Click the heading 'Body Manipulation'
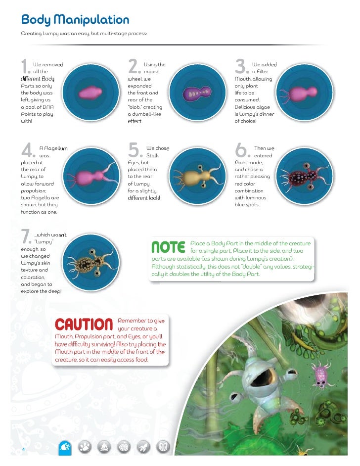75,20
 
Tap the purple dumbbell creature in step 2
197,93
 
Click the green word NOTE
168,246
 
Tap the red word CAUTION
84,325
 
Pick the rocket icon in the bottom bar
142,447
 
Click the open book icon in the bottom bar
162,447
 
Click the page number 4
23,449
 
